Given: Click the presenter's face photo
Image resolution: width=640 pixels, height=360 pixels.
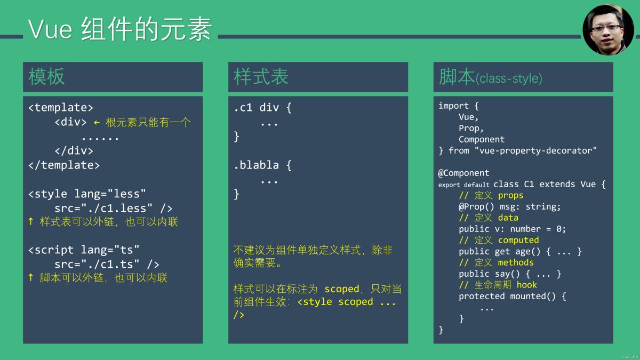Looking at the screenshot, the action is (x=608, y=30).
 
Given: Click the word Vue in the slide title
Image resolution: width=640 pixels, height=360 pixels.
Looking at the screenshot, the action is (x=50, y=29).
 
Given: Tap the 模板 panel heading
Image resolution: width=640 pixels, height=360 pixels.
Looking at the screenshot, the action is (x=46, y=77).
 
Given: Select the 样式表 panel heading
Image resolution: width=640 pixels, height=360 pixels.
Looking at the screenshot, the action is (x=261, y=77).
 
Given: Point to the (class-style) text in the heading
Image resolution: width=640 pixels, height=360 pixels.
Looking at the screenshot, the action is (x=509, y=78).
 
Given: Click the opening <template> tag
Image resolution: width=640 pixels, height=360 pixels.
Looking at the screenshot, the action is (x=61, y=108).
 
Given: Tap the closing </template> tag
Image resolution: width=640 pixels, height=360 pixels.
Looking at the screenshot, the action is (x=64, y=165).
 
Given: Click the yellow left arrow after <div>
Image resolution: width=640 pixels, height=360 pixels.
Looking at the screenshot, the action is (x=97, y=123).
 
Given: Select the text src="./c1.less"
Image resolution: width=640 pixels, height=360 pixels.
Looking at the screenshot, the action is (x=103, y=209).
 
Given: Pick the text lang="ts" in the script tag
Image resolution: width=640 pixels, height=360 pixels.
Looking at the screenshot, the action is (x=110, y=250).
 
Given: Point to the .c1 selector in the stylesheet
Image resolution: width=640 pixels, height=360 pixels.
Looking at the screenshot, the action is (x=243, y=108).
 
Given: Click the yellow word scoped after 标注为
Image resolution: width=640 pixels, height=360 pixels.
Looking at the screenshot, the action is (x=342, y=289).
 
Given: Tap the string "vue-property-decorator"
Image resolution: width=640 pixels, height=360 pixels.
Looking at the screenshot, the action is (x=535, y=150).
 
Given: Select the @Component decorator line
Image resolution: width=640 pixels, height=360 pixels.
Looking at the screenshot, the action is (x=463, y=173).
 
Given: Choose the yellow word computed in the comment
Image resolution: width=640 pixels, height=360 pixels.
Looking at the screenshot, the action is (x=518, y=240).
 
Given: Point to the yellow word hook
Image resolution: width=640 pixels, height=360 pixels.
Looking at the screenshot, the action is (x=526, y=285).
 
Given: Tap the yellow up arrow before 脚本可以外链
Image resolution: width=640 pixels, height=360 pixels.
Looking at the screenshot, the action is (x=31, y=277).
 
